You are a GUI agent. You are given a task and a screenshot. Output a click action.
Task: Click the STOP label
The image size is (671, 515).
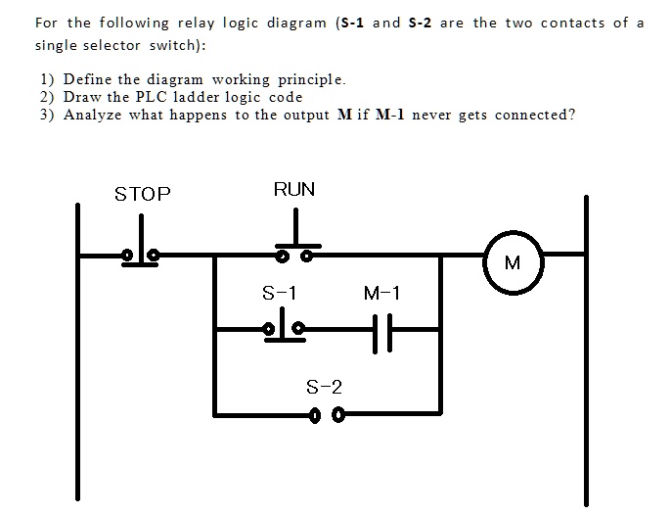coord(143,194)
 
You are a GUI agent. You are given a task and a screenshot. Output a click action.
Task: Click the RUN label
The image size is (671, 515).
coord(294,189)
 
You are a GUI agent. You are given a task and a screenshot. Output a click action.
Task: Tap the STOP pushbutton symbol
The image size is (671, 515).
coord(141,252)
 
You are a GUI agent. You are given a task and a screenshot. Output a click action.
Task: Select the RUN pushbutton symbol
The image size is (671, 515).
coord(294,250)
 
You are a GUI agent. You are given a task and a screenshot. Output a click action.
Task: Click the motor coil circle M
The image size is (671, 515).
coord(514,262)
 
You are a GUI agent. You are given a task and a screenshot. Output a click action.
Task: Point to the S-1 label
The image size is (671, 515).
coord(280,293)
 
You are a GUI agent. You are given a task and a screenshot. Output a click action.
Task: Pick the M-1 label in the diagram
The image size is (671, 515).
coord(381,293)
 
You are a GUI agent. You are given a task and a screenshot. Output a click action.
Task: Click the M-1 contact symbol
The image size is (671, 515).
coord(383,331)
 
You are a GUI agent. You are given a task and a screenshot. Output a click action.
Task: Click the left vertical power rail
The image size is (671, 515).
coord(77,352)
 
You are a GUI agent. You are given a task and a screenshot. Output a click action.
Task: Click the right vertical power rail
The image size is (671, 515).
coord(586,352)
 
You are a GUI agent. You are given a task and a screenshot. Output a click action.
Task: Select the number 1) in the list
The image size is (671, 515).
coord(46,79)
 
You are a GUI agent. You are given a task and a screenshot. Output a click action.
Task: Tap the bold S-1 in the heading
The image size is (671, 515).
coord(352,23)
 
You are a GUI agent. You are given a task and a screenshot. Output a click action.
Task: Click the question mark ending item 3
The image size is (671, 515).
coord(572,115)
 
